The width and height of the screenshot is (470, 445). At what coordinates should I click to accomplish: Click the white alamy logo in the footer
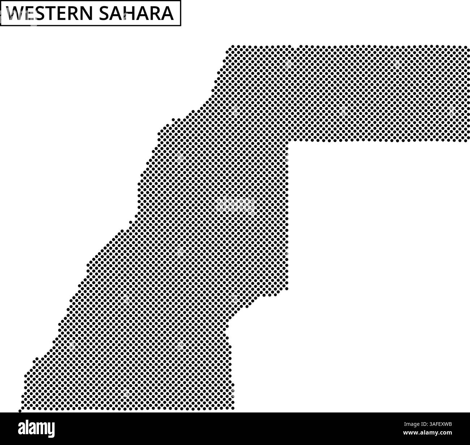click(x=37, y=428)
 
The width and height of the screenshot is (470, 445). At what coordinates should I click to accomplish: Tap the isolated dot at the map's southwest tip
click(x=20, y=411)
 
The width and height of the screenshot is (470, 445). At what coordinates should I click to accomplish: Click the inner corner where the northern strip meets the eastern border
click(x=288, y=142)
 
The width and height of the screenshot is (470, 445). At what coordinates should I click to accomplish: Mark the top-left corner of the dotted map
click(x=232, y=47)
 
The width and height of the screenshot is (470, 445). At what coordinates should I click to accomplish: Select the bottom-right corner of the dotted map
click(x=233, y=408)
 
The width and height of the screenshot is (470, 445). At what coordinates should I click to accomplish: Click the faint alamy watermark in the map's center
click(x=235, y=205)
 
